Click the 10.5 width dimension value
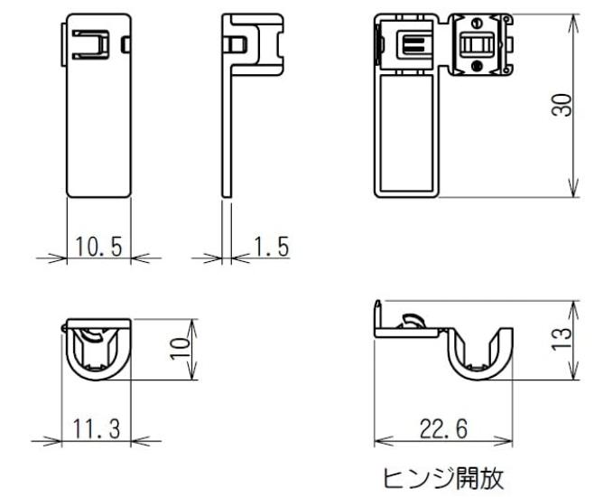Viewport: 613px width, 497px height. tap(99, 246)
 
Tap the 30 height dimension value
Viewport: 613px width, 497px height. tap(562, 106)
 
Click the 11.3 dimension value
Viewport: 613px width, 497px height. tap(96, 428)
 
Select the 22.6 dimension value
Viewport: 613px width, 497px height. tap(442, 428)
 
